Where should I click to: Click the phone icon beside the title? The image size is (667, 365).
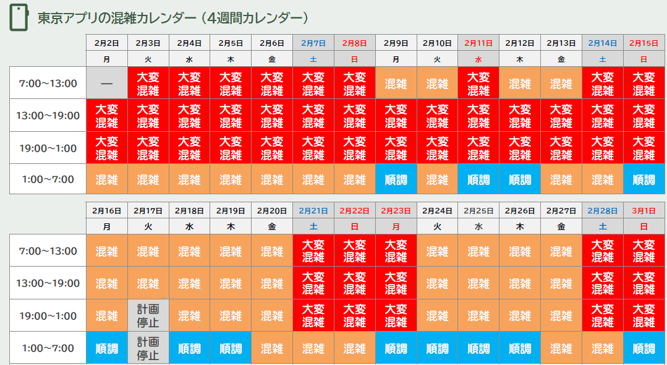pyautogui.click(x=19, y=18)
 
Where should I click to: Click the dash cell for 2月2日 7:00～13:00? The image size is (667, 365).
pyautogui.click(x=107, y=83)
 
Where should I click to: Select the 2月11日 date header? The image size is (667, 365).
pyautogui.click(x=478, y=43)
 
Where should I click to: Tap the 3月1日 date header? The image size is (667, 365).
pyautogui.click(x=644, y=210)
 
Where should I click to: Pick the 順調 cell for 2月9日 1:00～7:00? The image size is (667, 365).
pyautogui.click(x=396, y=179)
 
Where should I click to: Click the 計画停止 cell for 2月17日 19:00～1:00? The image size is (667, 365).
pyautogui.click(x=148, y=316)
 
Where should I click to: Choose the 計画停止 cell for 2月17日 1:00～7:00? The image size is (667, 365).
pyautogui.click(x=148, y=348)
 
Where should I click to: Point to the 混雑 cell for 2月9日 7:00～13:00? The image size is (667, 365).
pyautogui.click(x=396, y=83)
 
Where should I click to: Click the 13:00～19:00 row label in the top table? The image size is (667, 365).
pyautogui.click(x=48, y=115)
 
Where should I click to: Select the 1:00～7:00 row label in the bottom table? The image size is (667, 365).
pyautogui.click(x=48, y=348)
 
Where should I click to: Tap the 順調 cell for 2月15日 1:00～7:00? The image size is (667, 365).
pyautogui.click(x=644, y=179)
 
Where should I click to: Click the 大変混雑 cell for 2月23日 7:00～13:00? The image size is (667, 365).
pyautogui.click(x=396, y=251)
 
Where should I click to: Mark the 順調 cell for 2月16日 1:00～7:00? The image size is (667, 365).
pyautogui.click(x=107, y=348)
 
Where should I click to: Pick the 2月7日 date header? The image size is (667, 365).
pyautogui.click(x=313, y=43)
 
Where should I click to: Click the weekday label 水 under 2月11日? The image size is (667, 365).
pyautogui.click(x=478, y=59)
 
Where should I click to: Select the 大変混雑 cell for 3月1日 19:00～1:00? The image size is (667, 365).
pyautogui.click(x=644, y=316)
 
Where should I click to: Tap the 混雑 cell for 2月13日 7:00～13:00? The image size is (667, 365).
pyautogui.click(x=561, y=83)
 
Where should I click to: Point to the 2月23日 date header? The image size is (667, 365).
pyautogui.click(x=396, y=210)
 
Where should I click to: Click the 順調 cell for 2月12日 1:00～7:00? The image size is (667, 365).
pyautogui.click(x=520, y=179)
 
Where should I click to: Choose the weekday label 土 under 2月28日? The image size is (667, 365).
pyautogui.click(x=603, y=226)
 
